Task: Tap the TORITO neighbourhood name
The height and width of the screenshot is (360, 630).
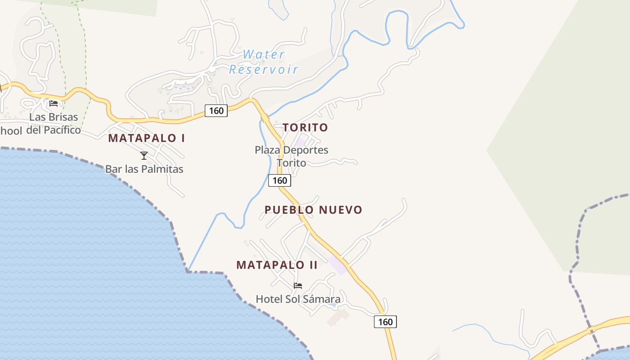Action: tap(306, 127)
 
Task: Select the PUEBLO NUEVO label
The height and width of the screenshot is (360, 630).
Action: tap(313, 210)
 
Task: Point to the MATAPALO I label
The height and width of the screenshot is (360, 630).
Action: tap(146, 138)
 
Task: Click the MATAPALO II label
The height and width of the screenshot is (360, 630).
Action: tap(277, 265)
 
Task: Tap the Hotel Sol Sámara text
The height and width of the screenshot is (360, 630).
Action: tap(298, 299)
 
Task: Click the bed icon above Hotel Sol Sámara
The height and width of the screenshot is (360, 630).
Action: tap(298, 285)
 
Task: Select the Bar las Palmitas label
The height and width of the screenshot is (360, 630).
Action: tap(144, 169)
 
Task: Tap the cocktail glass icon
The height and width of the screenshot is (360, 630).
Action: tap(144, 156)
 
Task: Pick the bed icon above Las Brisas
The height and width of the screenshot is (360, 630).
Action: tap(54, 103)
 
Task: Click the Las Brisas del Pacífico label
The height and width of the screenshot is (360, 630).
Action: tap(54, 124)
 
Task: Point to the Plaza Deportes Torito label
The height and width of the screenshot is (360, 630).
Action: tap(292, 156)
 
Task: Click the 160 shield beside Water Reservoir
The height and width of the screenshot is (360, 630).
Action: tap(216, 110)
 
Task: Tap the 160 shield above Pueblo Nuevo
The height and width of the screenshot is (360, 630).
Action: tap(279, 180)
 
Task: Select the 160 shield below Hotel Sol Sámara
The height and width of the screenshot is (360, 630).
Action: tap(385, 322)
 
